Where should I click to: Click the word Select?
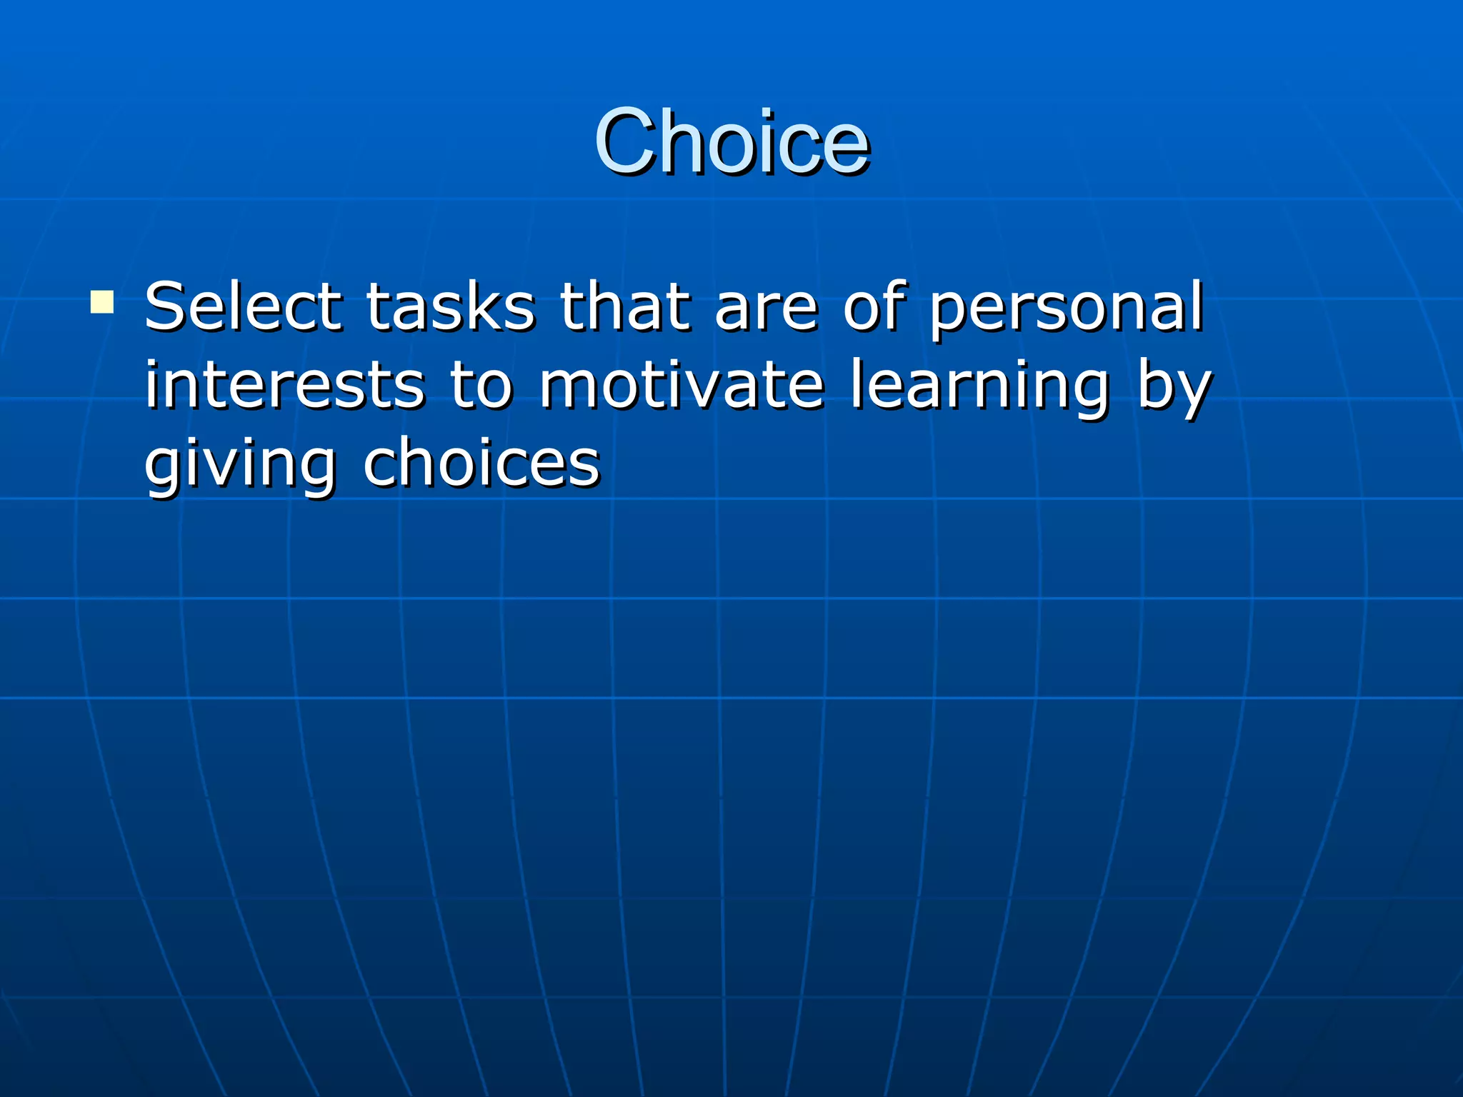[x=243, y=306]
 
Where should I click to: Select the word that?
[x=625, y=306]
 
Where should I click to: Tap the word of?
[x=874, y=306]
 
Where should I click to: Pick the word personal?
[x=1066, y=309]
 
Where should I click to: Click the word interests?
[x=285, y=385]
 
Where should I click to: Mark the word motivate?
[x=681, y=385]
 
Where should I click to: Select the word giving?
[x=239, y=466]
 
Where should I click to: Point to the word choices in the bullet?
[x=481, y=464]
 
